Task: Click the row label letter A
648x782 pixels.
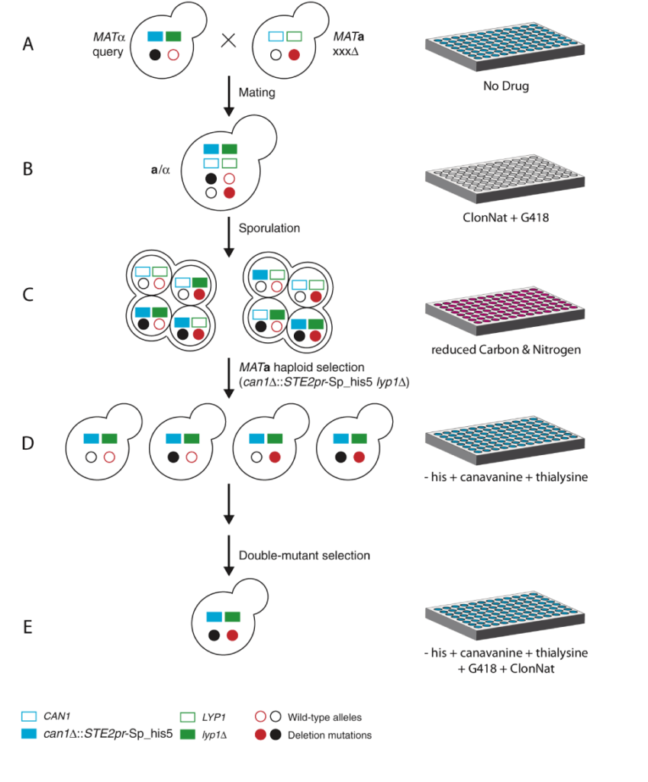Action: [x=28, y=44]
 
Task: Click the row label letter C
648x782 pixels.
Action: [x=28, y=295]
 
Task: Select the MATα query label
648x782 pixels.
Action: [x=112, y=44]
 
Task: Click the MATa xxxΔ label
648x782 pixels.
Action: [x=350, y=44]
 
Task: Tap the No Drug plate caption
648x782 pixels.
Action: [x=505, y=86]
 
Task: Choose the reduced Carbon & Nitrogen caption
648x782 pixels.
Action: [x=505, y=351]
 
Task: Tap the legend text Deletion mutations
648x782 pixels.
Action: [x=329, y=735]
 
